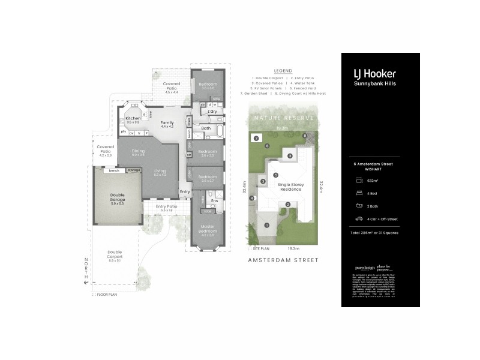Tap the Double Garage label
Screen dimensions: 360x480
117,197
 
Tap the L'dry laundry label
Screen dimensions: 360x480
212,112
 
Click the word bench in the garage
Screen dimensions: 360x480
113,170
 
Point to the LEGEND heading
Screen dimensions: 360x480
282,70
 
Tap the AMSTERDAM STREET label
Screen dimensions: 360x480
282,260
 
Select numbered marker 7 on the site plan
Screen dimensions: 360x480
256,139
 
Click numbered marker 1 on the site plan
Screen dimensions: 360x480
268,225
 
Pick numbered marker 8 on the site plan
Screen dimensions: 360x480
305,136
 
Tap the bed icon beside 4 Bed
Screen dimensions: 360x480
358,193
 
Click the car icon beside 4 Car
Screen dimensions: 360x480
358,218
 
